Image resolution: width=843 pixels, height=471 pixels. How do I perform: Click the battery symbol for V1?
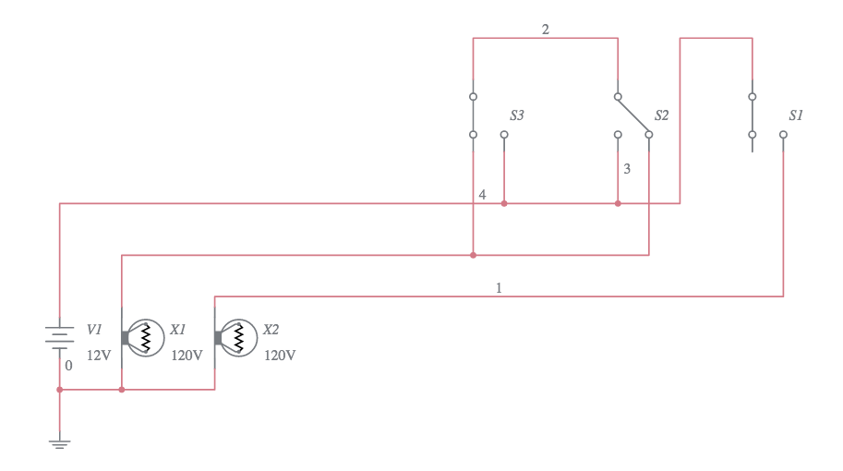click(x=60, y=336)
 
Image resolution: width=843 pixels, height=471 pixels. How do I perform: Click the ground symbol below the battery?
click(x=60, y=444)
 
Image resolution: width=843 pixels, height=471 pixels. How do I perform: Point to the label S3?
click(x=517, y=115)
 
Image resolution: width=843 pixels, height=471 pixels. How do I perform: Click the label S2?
click(x=661, y=115)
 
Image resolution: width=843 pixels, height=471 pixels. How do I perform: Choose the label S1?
click(x=796, y=115)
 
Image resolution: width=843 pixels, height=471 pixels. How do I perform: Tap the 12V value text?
click(x=99, y=355)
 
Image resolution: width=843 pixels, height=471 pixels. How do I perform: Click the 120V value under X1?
click(x=187, y=355)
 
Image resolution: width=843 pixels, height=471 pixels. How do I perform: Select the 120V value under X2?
click(x=280, y=355)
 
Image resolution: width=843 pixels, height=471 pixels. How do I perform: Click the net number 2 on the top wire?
click(x=545, y=30)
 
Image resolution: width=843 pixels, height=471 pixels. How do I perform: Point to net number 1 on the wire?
click(x=499, y=288)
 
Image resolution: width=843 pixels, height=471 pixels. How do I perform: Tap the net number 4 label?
click(x=482, y=194)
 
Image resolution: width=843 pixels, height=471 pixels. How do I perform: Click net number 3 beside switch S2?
click(x=627, y=169)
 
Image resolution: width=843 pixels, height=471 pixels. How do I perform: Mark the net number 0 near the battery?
click(x=68, y=365)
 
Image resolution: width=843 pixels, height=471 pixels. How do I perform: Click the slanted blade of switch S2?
click(x=633, y=115)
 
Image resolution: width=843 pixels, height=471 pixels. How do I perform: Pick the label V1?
click(x=94, y=329)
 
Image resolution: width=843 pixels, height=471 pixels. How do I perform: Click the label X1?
click(x=178, y=329)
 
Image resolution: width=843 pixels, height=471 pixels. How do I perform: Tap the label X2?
click(x=271, y=329)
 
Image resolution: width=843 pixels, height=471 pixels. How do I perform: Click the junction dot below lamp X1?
click(x=122, y=390)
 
